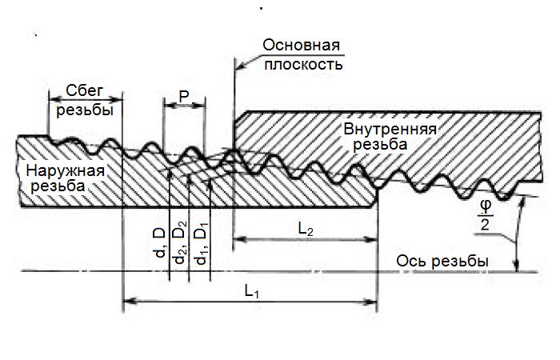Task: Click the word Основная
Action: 301,46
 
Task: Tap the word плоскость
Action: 303,64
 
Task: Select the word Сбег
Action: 84,91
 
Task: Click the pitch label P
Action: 184,96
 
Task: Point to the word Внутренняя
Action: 390,129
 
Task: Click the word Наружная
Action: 66,170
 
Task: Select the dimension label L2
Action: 306,230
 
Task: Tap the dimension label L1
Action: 251,291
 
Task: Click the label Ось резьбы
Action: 442,262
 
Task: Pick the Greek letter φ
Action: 486,206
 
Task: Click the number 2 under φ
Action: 485,225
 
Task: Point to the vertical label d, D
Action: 160,243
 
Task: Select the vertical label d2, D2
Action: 180,242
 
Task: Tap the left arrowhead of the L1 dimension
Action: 130,301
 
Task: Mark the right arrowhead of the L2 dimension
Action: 370,239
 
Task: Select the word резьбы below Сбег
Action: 85,110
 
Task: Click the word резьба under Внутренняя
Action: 380,144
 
